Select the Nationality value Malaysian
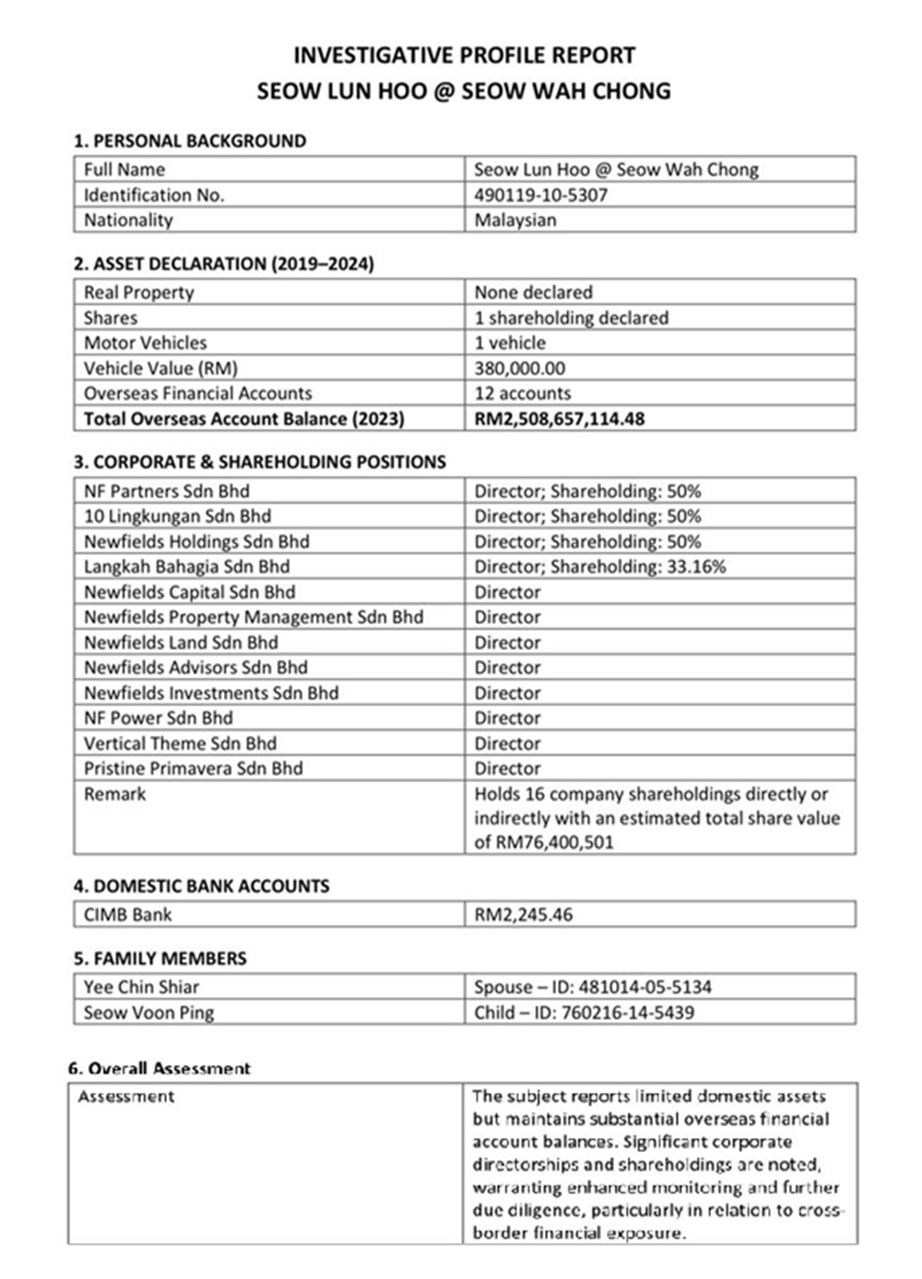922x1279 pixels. [x=514, y=220]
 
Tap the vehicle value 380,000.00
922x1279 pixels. [x=519, y=368]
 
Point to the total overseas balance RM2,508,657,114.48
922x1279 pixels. [x=559, y=419]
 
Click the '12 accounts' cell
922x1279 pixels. [x=522, y=393]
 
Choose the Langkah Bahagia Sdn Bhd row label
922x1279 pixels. [x=186, y=567]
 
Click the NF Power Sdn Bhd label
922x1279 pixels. [x=158, y=718]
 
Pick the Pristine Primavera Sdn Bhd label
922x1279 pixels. [x=193, y=769]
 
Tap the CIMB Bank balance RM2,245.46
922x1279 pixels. [x=523, y=915]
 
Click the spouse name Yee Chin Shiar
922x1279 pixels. [x=141, y=987]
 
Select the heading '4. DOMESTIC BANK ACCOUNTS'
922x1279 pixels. [x=201, y=886]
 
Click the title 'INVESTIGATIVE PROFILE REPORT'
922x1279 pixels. [x=464, y=55]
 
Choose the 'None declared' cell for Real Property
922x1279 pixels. [x=533, y=292]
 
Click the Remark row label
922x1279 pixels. [x=114, y=794]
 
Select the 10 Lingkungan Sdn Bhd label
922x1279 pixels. [x=177, y=516]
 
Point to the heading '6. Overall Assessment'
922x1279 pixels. [x=159, y=1069]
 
